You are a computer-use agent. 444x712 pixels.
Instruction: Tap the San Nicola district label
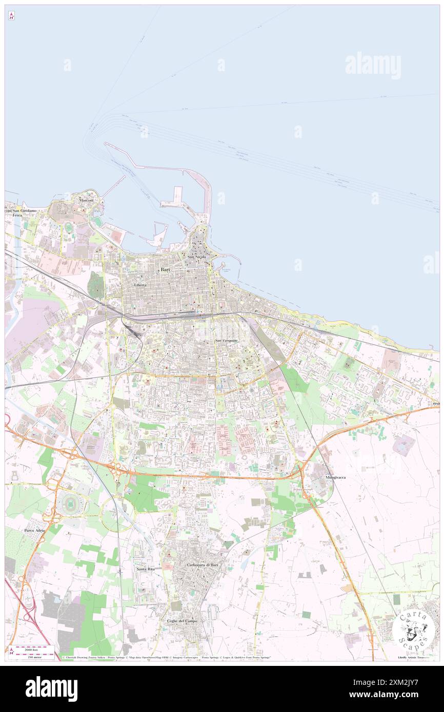point(197,257)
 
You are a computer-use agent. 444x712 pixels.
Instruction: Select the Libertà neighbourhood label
point(140,285)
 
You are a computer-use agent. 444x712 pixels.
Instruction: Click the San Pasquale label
point(226,341)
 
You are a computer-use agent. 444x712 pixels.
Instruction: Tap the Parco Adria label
point(35,530)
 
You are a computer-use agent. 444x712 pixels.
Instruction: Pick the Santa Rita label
point(145,569)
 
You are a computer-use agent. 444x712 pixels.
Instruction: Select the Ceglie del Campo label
point(182,621)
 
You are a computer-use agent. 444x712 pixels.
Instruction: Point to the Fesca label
point(17,216)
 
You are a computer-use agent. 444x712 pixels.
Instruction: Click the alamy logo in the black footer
point(51,688)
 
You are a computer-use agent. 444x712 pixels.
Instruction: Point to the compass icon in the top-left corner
point(11,16)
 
